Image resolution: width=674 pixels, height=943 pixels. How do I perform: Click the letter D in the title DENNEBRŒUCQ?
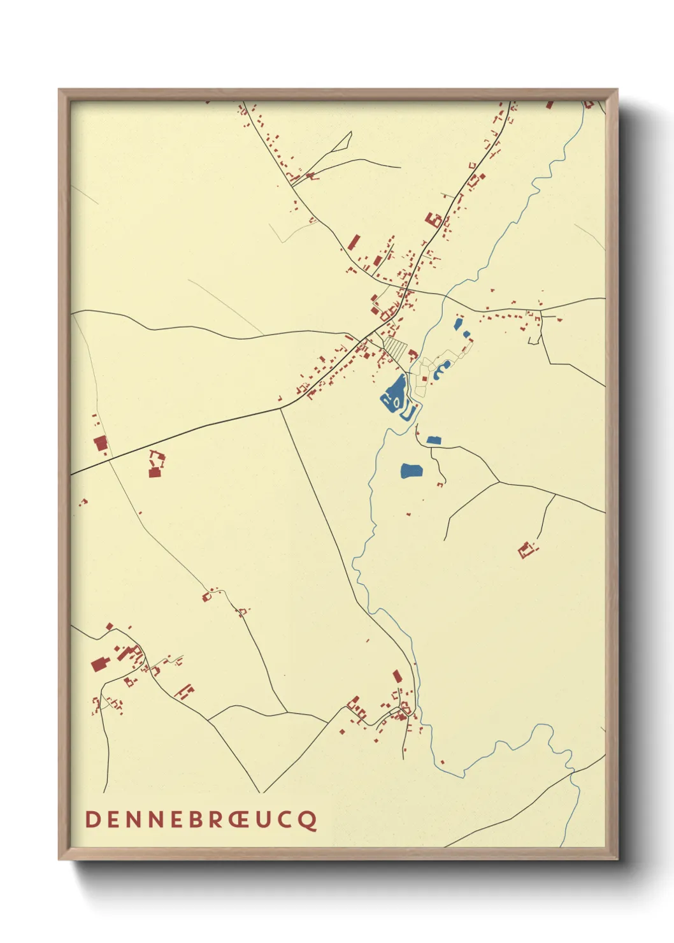(93, 819)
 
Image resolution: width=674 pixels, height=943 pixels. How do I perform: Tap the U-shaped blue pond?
(409, 413)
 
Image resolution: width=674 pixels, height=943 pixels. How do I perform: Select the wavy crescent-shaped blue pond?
(441, 369)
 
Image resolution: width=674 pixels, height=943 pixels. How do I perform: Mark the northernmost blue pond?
(457, 323)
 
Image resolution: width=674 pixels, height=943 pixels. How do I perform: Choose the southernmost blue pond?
(412, 471)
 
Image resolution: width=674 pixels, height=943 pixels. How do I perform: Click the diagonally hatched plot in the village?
(395, 347)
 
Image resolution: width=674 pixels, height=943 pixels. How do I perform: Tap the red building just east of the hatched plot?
(413, 353)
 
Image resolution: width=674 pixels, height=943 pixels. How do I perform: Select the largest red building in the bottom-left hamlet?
(98, 665)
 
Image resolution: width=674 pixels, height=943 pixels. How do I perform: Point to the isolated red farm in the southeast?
(526, 549)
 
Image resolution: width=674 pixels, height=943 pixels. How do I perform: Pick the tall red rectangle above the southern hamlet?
(398, 676)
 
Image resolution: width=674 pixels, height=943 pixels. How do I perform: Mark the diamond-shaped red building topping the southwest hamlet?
(110, 626)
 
